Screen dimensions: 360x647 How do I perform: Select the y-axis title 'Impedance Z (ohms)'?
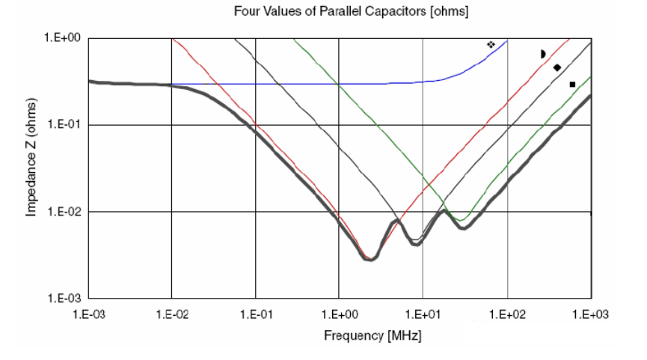tap(32, 167)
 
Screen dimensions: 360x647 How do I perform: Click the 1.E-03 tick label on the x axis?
tap(89, 314)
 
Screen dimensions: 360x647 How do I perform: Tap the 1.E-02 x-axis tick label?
tap(172, 314)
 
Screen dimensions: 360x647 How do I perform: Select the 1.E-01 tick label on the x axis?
tap(256, 314)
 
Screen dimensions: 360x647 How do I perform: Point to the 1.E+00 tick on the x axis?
tap(339, 314)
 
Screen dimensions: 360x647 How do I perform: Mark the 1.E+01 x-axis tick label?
tap(423, 314)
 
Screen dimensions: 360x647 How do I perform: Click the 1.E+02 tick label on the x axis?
tap(507, 314)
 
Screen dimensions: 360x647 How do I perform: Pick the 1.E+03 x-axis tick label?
tap(591, 314)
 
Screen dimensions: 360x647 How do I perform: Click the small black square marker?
tap(572, 85)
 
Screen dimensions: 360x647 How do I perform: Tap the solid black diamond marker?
tap(557, 68)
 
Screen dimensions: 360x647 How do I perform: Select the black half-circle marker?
tap(544, 54)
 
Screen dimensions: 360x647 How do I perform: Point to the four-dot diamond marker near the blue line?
tap(491, 45)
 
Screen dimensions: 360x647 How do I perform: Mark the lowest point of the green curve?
tap(463, 221)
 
